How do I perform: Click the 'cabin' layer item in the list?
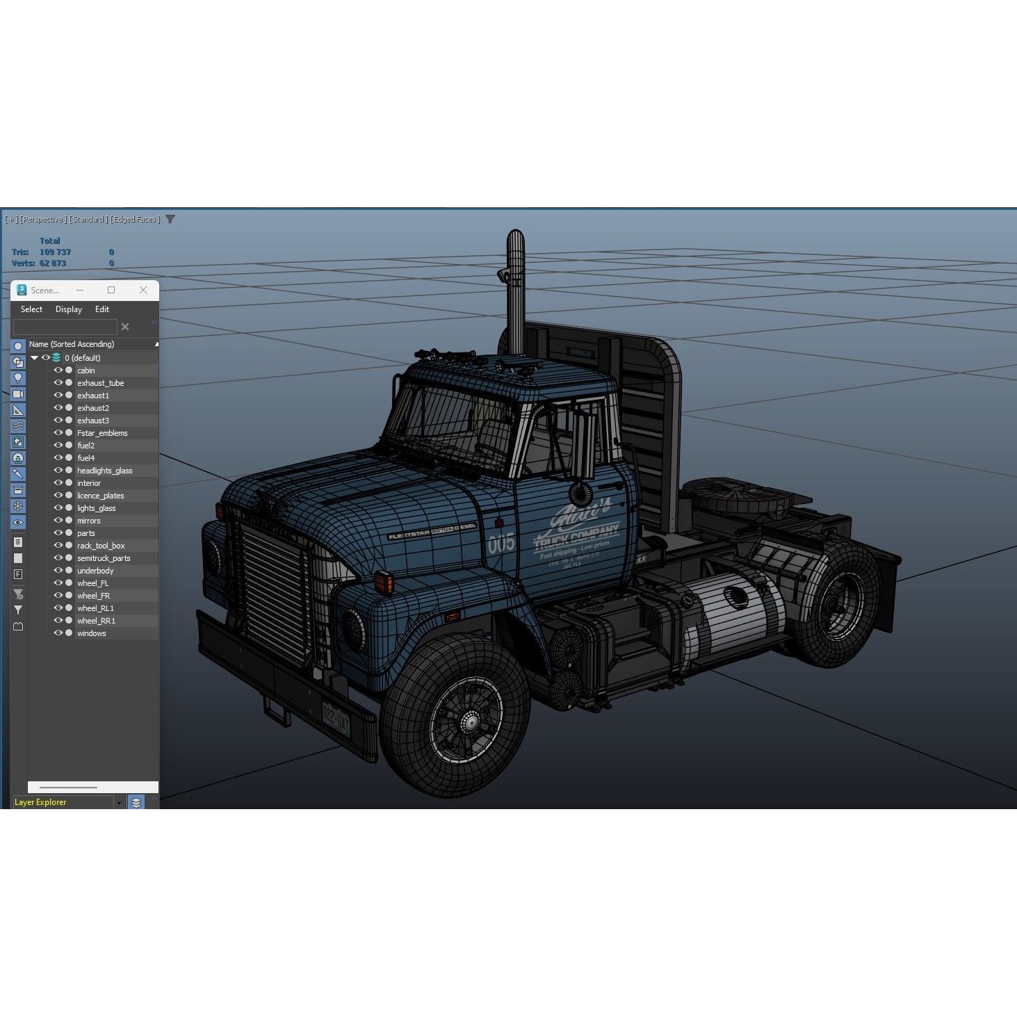[86, 371]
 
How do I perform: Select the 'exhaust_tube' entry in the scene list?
[101, 383]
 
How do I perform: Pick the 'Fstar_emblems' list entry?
[102, 433]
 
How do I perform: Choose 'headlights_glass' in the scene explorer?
[104, 471]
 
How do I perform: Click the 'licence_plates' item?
[101, 496]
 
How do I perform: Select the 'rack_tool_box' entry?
[101, 546]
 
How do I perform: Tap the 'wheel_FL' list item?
[92, 583]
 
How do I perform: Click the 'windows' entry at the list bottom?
[92, 633]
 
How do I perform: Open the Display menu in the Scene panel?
[69, 309]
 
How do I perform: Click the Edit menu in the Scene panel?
[102, 309]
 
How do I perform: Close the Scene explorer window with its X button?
[143, 290]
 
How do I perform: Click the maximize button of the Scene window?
[111, 290]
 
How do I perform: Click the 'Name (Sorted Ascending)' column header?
[72, 344]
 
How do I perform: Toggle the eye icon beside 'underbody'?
[58, 571]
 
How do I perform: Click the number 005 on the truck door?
[501, 543]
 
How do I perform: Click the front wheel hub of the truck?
[471, 723]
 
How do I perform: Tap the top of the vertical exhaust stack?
[515, 236]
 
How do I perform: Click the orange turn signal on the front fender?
[383, 580]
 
